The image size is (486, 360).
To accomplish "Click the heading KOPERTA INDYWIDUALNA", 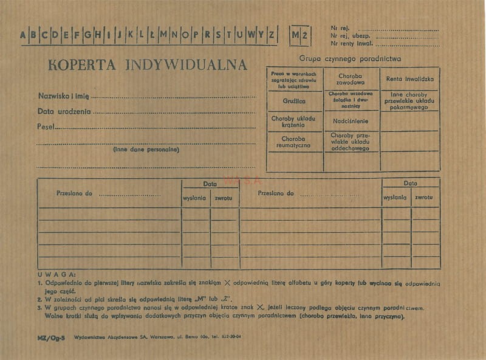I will pos(148,65).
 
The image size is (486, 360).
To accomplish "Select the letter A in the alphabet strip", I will pos(24,35).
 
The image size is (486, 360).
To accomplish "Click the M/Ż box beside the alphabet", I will pos(299,35).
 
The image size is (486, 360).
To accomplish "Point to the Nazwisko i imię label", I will pos(64,96).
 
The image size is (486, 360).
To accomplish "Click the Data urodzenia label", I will pos(64,111).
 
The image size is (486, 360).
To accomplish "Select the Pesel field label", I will pos(46,126).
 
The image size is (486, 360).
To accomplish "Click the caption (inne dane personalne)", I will pos(146,149).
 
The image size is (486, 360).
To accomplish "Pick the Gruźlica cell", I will pos(294,101).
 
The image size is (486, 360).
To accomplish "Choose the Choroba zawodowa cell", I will pos(351,78).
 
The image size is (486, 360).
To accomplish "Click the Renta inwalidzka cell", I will pos(410,79).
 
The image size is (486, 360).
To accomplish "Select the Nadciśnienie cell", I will pos(351,120).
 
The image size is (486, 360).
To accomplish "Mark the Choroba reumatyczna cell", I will pos(294,142).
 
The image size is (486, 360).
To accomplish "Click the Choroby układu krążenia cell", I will pos(294,121).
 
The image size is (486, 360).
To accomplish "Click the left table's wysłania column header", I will pos(195,198).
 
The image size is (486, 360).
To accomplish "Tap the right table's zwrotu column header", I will pos(424,198).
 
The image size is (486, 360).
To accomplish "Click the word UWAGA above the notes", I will pos(56,275).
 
